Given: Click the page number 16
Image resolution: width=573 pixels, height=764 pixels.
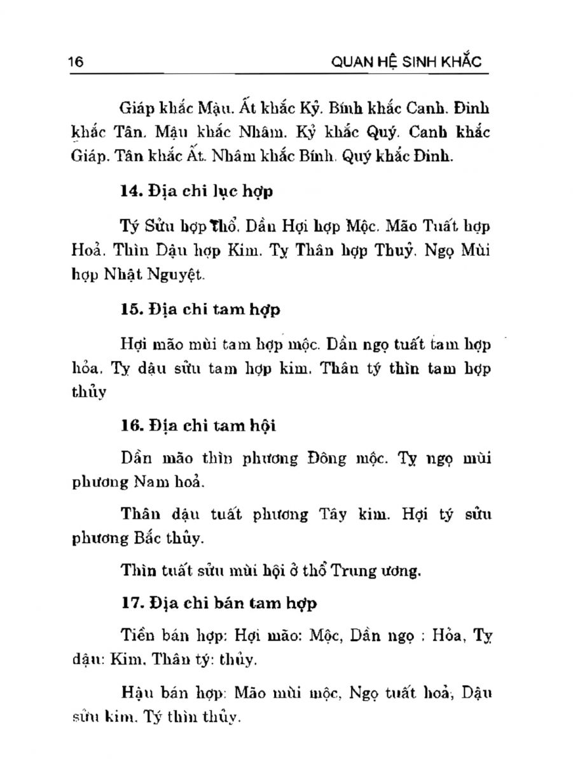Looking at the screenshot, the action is coord(76,61).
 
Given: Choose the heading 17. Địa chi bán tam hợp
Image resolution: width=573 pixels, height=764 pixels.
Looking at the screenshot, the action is coord(218,603).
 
